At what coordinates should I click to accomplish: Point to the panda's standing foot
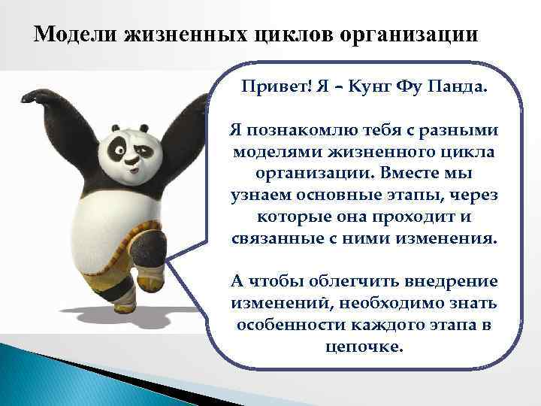(x=125, y=301)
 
